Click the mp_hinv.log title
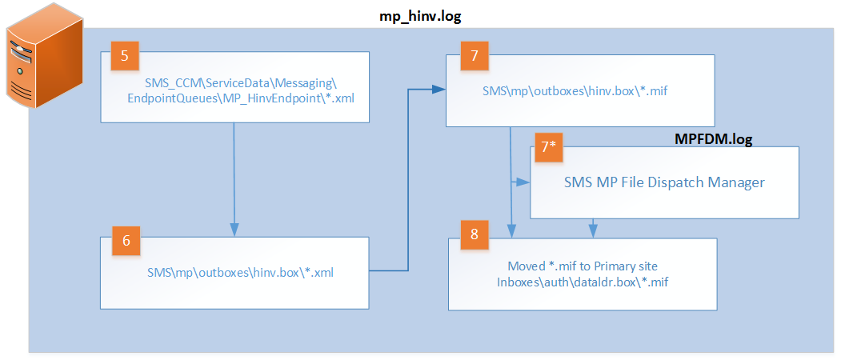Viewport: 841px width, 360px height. coord(421,15)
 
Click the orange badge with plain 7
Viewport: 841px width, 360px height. coord(473,57)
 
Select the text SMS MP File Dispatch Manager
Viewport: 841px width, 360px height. coord(664,182)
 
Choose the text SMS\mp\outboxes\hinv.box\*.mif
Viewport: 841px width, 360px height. coord(575,91)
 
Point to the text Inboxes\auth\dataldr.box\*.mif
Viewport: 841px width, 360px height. coord(581,281)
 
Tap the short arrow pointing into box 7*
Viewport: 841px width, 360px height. coord(523,182)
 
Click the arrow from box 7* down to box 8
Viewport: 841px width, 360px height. coord(592,228)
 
